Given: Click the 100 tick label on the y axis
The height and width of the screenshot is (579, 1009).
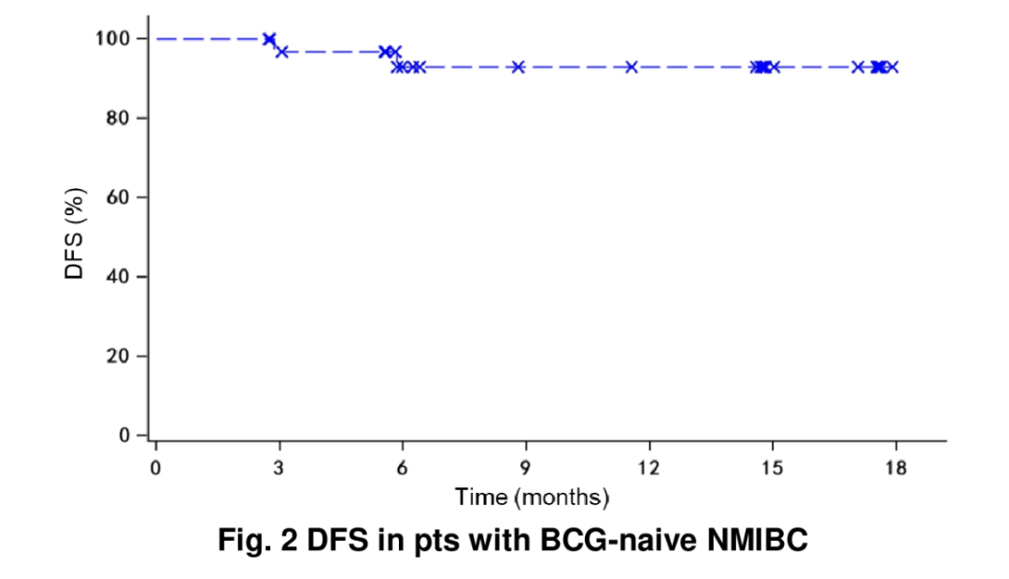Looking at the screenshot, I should click(x=112, y=38).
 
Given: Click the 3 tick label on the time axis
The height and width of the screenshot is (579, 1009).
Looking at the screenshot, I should click(x=278, y=468).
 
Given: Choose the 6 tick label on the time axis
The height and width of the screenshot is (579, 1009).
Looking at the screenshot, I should click(x=402, y=468).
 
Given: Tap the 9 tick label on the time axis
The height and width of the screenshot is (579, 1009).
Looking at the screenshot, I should click(x=526, y=468).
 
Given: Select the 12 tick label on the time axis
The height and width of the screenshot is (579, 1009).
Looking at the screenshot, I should click(x=648, y=468).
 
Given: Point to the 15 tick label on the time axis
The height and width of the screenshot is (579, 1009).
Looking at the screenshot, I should click(x=773, y=468).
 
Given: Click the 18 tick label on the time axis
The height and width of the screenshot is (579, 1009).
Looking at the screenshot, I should click(x=895, y=468).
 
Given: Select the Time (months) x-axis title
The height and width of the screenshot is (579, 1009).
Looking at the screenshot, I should click(x=532, y=497).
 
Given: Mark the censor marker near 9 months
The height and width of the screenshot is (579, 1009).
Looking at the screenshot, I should click(x=518, y=67).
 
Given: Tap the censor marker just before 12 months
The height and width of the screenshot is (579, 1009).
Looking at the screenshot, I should click(x=632, y=67).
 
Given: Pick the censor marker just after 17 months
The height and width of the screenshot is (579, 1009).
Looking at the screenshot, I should click(x=858, y=67).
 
